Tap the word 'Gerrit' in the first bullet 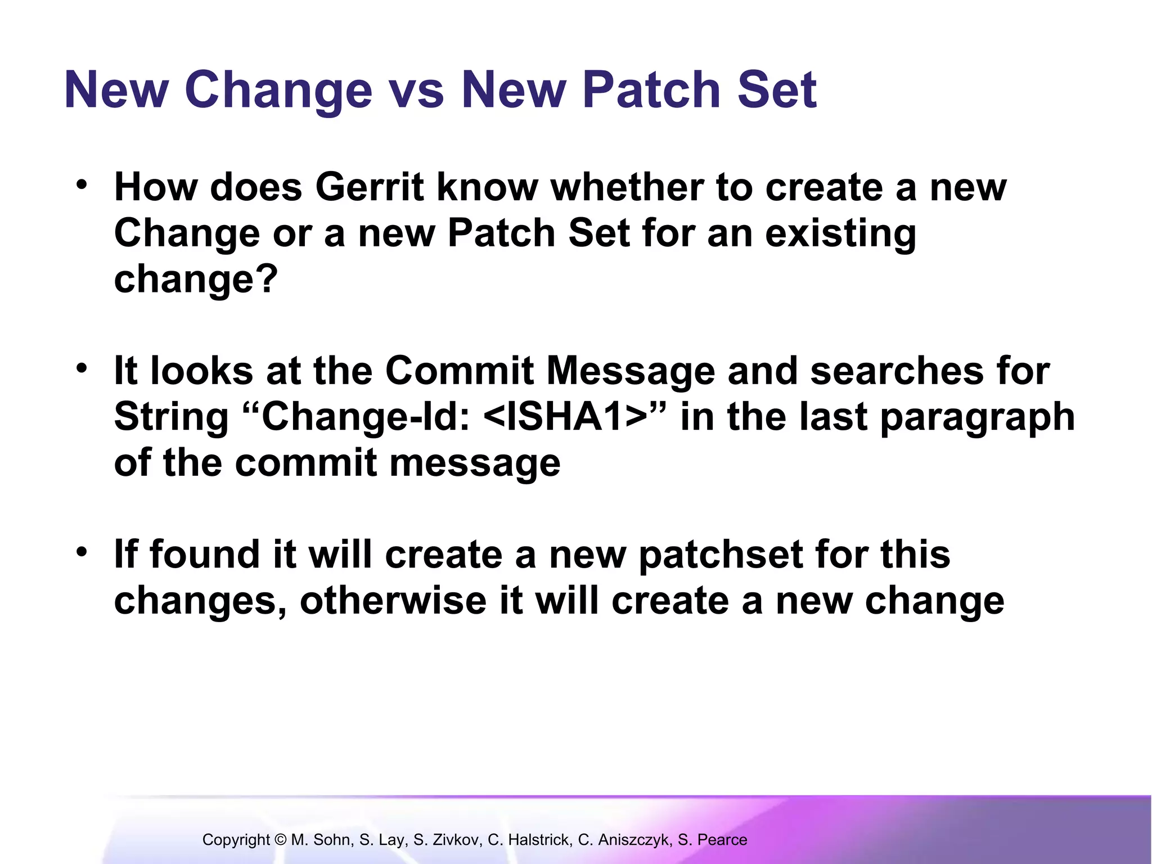(369, 187)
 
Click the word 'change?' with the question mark (196, 280)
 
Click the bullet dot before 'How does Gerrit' (82, 184)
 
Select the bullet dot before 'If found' (82, 552)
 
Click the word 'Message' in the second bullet (631, 371)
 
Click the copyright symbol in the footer (281, 840)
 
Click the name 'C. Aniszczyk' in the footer (625, 840)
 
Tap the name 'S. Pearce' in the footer (713, 840)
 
